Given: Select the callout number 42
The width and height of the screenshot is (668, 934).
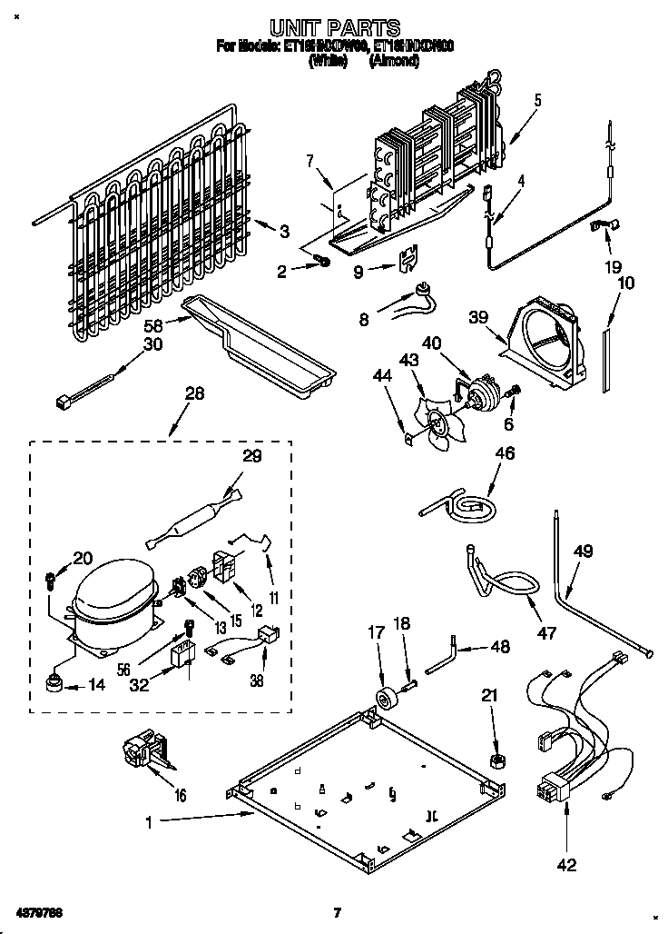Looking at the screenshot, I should pyautogui.click(x=565, y=865).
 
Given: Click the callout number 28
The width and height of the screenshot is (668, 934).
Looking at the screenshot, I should pyautogui.click(x=194, y=393).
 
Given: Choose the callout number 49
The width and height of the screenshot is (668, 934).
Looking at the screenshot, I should pyautogui.click(x=583, y=551).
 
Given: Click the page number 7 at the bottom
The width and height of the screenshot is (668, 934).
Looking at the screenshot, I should pyautogui.click(x=336, y=912).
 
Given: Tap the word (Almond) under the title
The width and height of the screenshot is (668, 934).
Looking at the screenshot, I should pyautogui.click(x=394, y=62).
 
